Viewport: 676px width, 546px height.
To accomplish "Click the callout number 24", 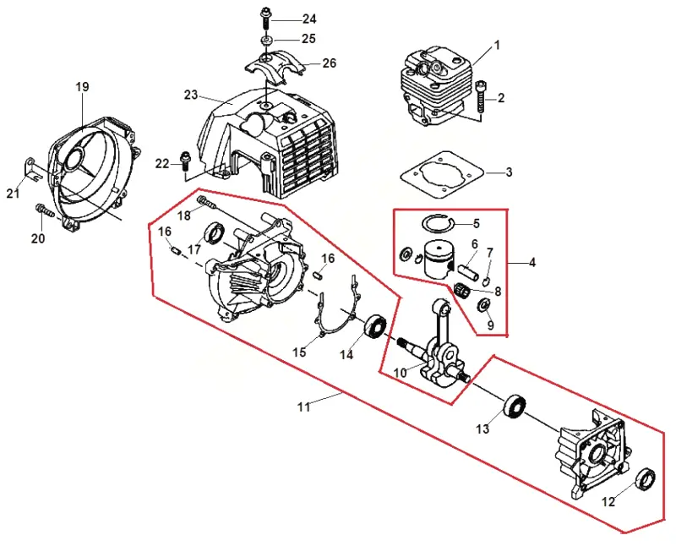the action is click(x=309, y=19).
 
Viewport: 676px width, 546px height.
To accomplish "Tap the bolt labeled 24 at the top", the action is click(x=264, y=19).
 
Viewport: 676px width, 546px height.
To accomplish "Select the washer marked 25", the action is click(x=265, y=41).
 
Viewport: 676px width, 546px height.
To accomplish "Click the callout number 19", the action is click(x=82, y=87).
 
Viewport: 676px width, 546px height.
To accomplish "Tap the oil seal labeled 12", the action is click(x=646, y=479).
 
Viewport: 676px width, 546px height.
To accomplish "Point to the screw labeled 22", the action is click(x=186, y=161).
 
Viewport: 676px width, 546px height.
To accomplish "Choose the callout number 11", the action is click(x=304, y=407).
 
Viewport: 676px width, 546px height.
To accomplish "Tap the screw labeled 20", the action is click(x=46, y=210).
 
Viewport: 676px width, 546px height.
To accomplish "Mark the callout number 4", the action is click(x=532, y=262).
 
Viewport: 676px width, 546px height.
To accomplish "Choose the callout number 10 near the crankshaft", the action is click(x=400, y=373).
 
